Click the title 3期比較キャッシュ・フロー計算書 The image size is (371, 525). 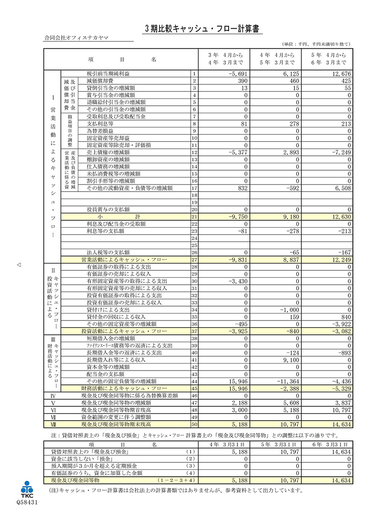point(204,28)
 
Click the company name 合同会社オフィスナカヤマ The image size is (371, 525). point(77,38)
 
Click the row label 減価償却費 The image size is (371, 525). point(101,81)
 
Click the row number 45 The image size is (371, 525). point(194,388)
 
